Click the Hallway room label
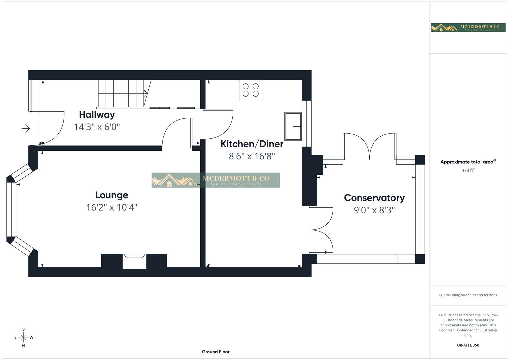[97, 115]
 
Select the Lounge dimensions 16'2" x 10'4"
[111, 207]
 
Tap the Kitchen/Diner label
[252, 144]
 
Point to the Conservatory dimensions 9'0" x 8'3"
[374, 210]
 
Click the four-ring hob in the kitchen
[250, 90]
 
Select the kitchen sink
[293, 126]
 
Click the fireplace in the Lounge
[134, 261]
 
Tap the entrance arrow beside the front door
[26, 128]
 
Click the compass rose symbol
[23, 337]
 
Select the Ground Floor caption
[215, 352]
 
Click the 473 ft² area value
[468, 170]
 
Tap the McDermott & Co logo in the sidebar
[468, 28]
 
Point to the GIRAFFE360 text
[468, 345]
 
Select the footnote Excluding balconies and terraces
[468, 295]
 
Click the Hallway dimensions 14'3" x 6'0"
[97, 127]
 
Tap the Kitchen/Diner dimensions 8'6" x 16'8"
[252, 156]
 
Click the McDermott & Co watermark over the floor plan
[215, 180]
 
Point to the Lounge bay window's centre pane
[11, 210]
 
